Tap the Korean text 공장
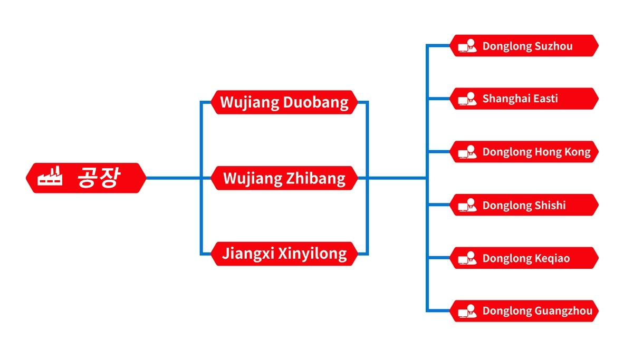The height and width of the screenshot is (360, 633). coord(99,177)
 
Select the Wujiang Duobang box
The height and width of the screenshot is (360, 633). coord(284,102)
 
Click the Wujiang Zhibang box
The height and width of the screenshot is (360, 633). coord(284,178)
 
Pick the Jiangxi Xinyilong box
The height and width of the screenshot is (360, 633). coord(284,254)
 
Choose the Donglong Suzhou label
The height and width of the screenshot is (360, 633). coord(527,46)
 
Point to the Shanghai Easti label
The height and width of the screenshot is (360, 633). coord(520,99)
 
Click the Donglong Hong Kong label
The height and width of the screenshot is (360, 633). coord(536,152)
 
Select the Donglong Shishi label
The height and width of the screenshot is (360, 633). coord(524,205)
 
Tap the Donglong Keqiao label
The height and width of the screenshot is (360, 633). coord(526,258)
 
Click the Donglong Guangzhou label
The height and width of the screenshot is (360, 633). coord(537,311)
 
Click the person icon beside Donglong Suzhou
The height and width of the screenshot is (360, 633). coord(467,46)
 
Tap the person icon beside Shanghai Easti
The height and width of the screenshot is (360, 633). coord(467,99)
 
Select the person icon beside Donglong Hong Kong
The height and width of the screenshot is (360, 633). coord(467,152)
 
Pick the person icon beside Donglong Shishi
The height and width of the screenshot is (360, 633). coord(467,205)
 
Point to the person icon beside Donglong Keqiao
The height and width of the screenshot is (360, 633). coord(467,258)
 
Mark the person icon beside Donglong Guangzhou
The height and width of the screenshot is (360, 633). coord(467,311)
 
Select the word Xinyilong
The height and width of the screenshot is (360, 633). coord(312,254)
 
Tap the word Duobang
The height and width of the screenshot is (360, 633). coord(315,102)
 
